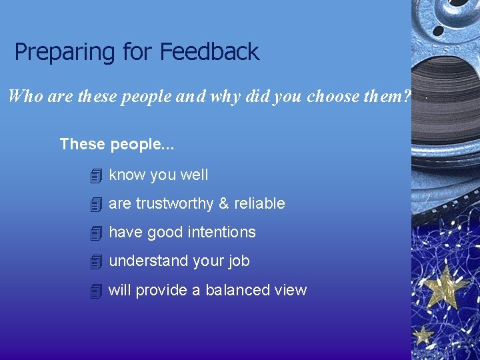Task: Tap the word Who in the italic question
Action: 25,97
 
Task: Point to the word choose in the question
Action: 333,97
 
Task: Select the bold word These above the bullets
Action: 82,144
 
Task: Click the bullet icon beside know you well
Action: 96,176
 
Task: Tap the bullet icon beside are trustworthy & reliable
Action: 96,205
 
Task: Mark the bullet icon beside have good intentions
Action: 96,233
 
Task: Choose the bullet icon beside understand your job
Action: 96,262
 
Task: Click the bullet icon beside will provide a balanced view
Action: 96,291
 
